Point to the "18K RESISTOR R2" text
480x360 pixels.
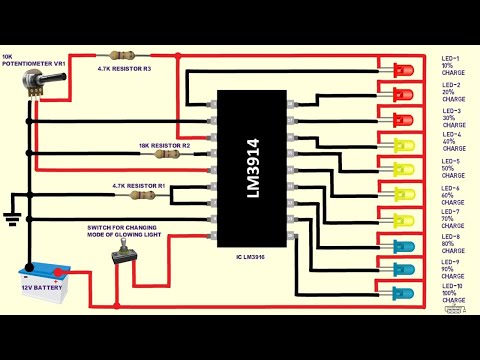pos(164,145)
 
